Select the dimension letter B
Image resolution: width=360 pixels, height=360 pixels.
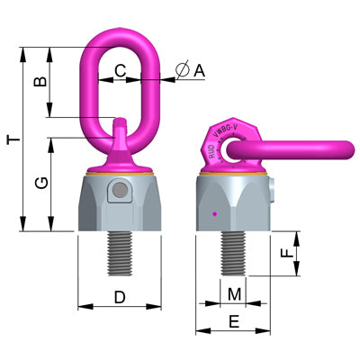coord(39,81)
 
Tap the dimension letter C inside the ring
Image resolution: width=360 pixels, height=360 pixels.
coord(121,68)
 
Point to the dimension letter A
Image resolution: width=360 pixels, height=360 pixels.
coord(199,68)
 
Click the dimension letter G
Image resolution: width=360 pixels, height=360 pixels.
coord(39,184)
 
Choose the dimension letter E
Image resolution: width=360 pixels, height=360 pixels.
coord(234,321)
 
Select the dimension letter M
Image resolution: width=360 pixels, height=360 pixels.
coord(234,294)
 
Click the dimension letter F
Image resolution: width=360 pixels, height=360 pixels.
coord(286,255)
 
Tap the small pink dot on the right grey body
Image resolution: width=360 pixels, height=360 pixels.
coord(213,213)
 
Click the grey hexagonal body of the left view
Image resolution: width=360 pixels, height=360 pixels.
coord(120,203)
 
